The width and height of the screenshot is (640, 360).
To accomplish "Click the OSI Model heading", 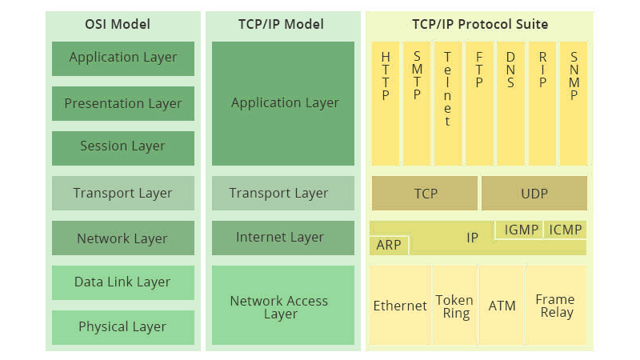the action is [118, 24].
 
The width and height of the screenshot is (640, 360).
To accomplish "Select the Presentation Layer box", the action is [123, 103].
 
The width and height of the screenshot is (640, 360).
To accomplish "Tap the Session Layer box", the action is [123, 148].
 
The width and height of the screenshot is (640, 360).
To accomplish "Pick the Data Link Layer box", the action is [123, 283].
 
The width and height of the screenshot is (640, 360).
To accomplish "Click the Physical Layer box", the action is [123, 327].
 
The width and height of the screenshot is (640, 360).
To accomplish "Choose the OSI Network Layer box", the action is [123, 238].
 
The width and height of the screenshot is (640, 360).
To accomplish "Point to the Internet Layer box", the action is [283, 238].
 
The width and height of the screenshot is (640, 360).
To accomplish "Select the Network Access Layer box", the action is [283, 306].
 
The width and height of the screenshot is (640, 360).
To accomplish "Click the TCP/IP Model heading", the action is [281, 24].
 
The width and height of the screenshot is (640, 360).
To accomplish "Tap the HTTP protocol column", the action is [386, 103].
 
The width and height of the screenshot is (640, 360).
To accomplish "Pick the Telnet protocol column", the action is [448, 103].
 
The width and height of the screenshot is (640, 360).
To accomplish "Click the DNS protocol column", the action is [510, 103].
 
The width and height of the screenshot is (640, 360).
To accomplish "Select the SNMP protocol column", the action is [574, 103].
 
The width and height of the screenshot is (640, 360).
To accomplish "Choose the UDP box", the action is [534, 193].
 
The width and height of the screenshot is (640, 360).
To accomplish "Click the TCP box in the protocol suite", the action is [425, 193].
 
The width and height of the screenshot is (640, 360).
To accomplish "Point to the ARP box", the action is [389, 246].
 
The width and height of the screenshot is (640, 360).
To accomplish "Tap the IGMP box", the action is [519, 230].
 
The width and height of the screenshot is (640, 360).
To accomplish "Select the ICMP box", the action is [566, 230].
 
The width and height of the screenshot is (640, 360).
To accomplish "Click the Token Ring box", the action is [454, 306].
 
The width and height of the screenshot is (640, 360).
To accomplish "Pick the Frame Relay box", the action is [555, 306].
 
